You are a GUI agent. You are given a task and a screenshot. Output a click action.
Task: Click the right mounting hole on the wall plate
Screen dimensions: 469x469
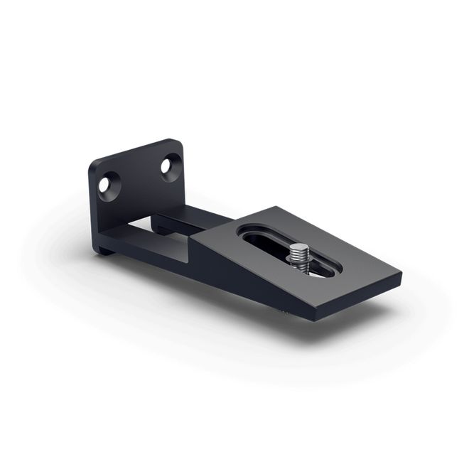pos(168,167)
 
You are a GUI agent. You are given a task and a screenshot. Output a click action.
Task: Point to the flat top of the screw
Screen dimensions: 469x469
pos(299,247)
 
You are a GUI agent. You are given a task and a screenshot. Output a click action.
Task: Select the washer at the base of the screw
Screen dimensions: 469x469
pos(299,268)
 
